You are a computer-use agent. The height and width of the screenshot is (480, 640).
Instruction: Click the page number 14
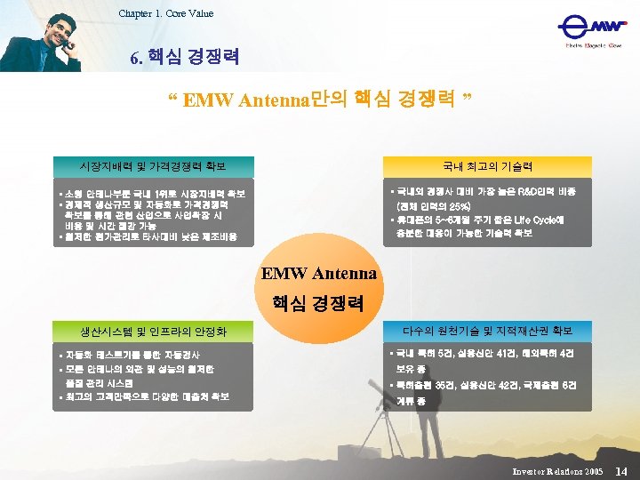tap(621, 468)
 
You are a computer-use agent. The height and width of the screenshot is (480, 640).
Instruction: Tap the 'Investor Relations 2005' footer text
tap(557, 469)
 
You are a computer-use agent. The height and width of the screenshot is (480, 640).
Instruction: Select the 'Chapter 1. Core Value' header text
tap(166, 13)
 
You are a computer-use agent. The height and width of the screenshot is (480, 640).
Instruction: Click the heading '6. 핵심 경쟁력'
tap(184, 59)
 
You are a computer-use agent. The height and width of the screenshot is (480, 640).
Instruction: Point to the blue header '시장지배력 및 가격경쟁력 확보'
tap(153, 166)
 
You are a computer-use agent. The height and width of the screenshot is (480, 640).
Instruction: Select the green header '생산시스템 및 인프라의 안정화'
tap(153, 332)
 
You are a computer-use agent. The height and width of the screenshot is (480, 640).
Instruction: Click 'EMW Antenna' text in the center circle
tap(319, 273)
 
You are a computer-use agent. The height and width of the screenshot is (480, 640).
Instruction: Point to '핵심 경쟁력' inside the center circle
tap(319, 302)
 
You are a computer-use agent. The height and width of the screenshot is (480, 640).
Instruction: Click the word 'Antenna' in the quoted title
tap(270, 99)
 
